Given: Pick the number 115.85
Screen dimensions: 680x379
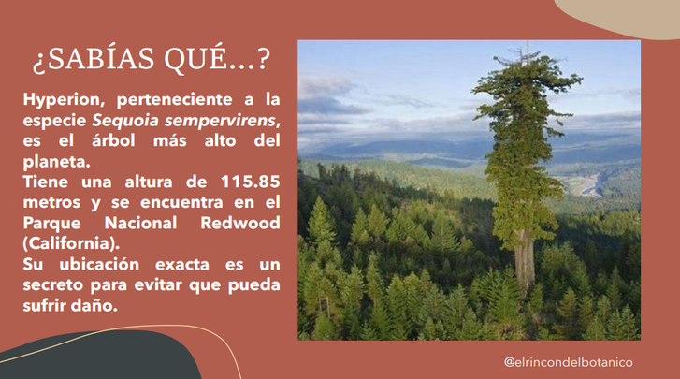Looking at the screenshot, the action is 251,182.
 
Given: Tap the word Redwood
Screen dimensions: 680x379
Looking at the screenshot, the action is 240,223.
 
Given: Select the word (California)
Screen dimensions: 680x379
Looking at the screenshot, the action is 71,243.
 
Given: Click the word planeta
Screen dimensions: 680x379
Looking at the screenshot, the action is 57,162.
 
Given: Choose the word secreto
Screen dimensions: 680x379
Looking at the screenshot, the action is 53,285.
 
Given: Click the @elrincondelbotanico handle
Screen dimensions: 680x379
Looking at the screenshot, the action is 568,362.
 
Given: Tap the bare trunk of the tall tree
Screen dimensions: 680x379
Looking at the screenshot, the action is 525,259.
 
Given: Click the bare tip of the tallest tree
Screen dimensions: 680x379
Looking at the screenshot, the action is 528,45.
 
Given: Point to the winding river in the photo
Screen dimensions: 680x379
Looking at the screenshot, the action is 590,185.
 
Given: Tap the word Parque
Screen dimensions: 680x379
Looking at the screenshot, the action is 52,224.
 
